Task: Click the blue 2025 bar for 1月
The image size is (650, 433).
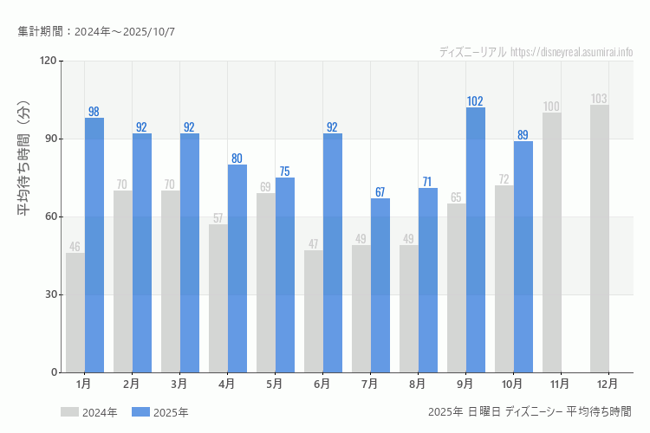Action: pos(94,245)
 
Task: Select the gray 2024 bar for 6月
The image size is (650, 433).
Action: pos(314,312)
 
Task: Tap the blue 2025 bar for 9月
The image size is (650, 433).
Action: pos(476,240)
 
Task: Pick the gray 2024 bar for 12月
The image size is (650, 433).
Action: pos(600,239)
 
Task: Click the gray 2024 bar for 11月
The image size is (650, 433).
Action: pos(552,242)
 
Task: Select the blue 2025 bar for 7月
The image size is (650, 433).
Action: pos(380,286)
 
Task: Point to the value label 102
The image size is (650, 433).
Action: pos(475,101)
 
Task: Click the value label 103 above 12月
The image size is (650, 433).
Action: pos(599,99)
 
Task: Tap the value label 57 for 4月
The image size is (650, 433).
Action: pos(218,218)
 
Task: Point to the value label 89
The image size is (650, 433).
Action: pos(523,135)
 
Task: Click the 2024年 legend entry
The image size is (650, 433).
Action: pos(89,412)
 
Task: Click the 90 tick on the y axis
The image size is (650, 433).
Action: pos(49,139)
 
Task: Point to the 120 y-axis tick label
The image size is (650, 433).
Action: pos(47,61)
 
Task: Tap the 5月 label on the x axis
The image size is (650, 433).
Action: pos(274,384)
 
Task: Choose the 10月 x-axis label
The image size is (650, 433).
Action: pos(512,384)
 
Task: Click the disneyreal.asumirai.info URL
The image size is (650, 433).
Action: pos(572,52)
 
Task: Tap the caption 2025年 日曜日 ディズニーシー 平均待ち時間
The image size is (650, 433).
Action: pos(530,411)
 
